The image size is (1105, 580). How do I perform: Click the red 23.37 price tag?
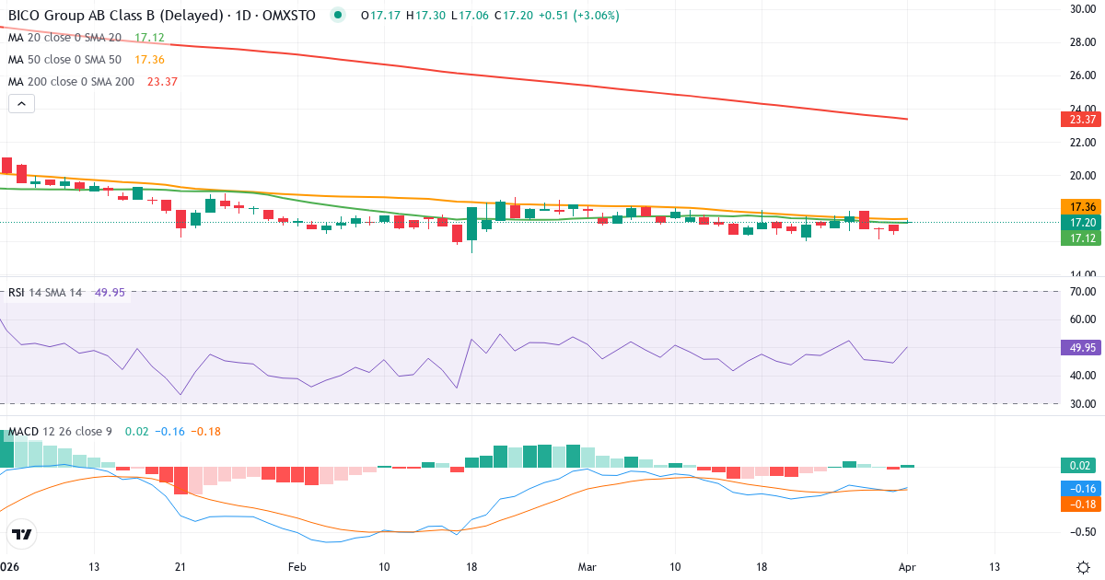[x=1077, y=119]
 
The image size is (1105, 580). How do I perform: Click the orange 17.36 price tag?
[x=1077, y=206]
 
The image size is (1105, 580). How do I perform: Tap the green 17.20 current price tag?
[x=1077, y=223]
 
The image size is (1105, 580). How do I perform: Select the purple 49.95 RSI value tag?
[x=1077, y=348]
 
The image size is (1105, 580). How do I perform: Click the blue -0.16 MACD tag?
[x=1077, y=488]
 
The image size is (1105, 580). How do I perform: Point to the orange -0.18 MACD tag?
[x=1077, y=504]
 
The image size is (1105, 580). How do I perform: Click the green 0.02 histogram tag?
[x=1077, y=466]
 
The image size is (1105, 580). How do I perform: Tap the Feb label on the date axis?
[x=297, y=566]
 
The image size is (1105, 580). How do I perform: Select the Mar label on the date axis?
[x=587, y=566]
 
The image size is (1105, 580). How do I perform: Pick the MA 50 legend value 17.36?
[x=149, y=60]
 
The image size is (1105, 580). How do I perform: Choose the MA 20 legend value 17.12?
[x=149, y=38]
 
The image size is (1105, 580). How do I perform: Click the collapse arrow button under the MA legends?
[x=21, y=104]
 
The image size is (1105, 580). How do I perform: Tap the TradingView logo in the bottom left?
[x=21, y=534]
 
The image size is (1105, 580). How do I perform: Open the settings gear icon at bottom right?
[x=1083, y=566]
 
